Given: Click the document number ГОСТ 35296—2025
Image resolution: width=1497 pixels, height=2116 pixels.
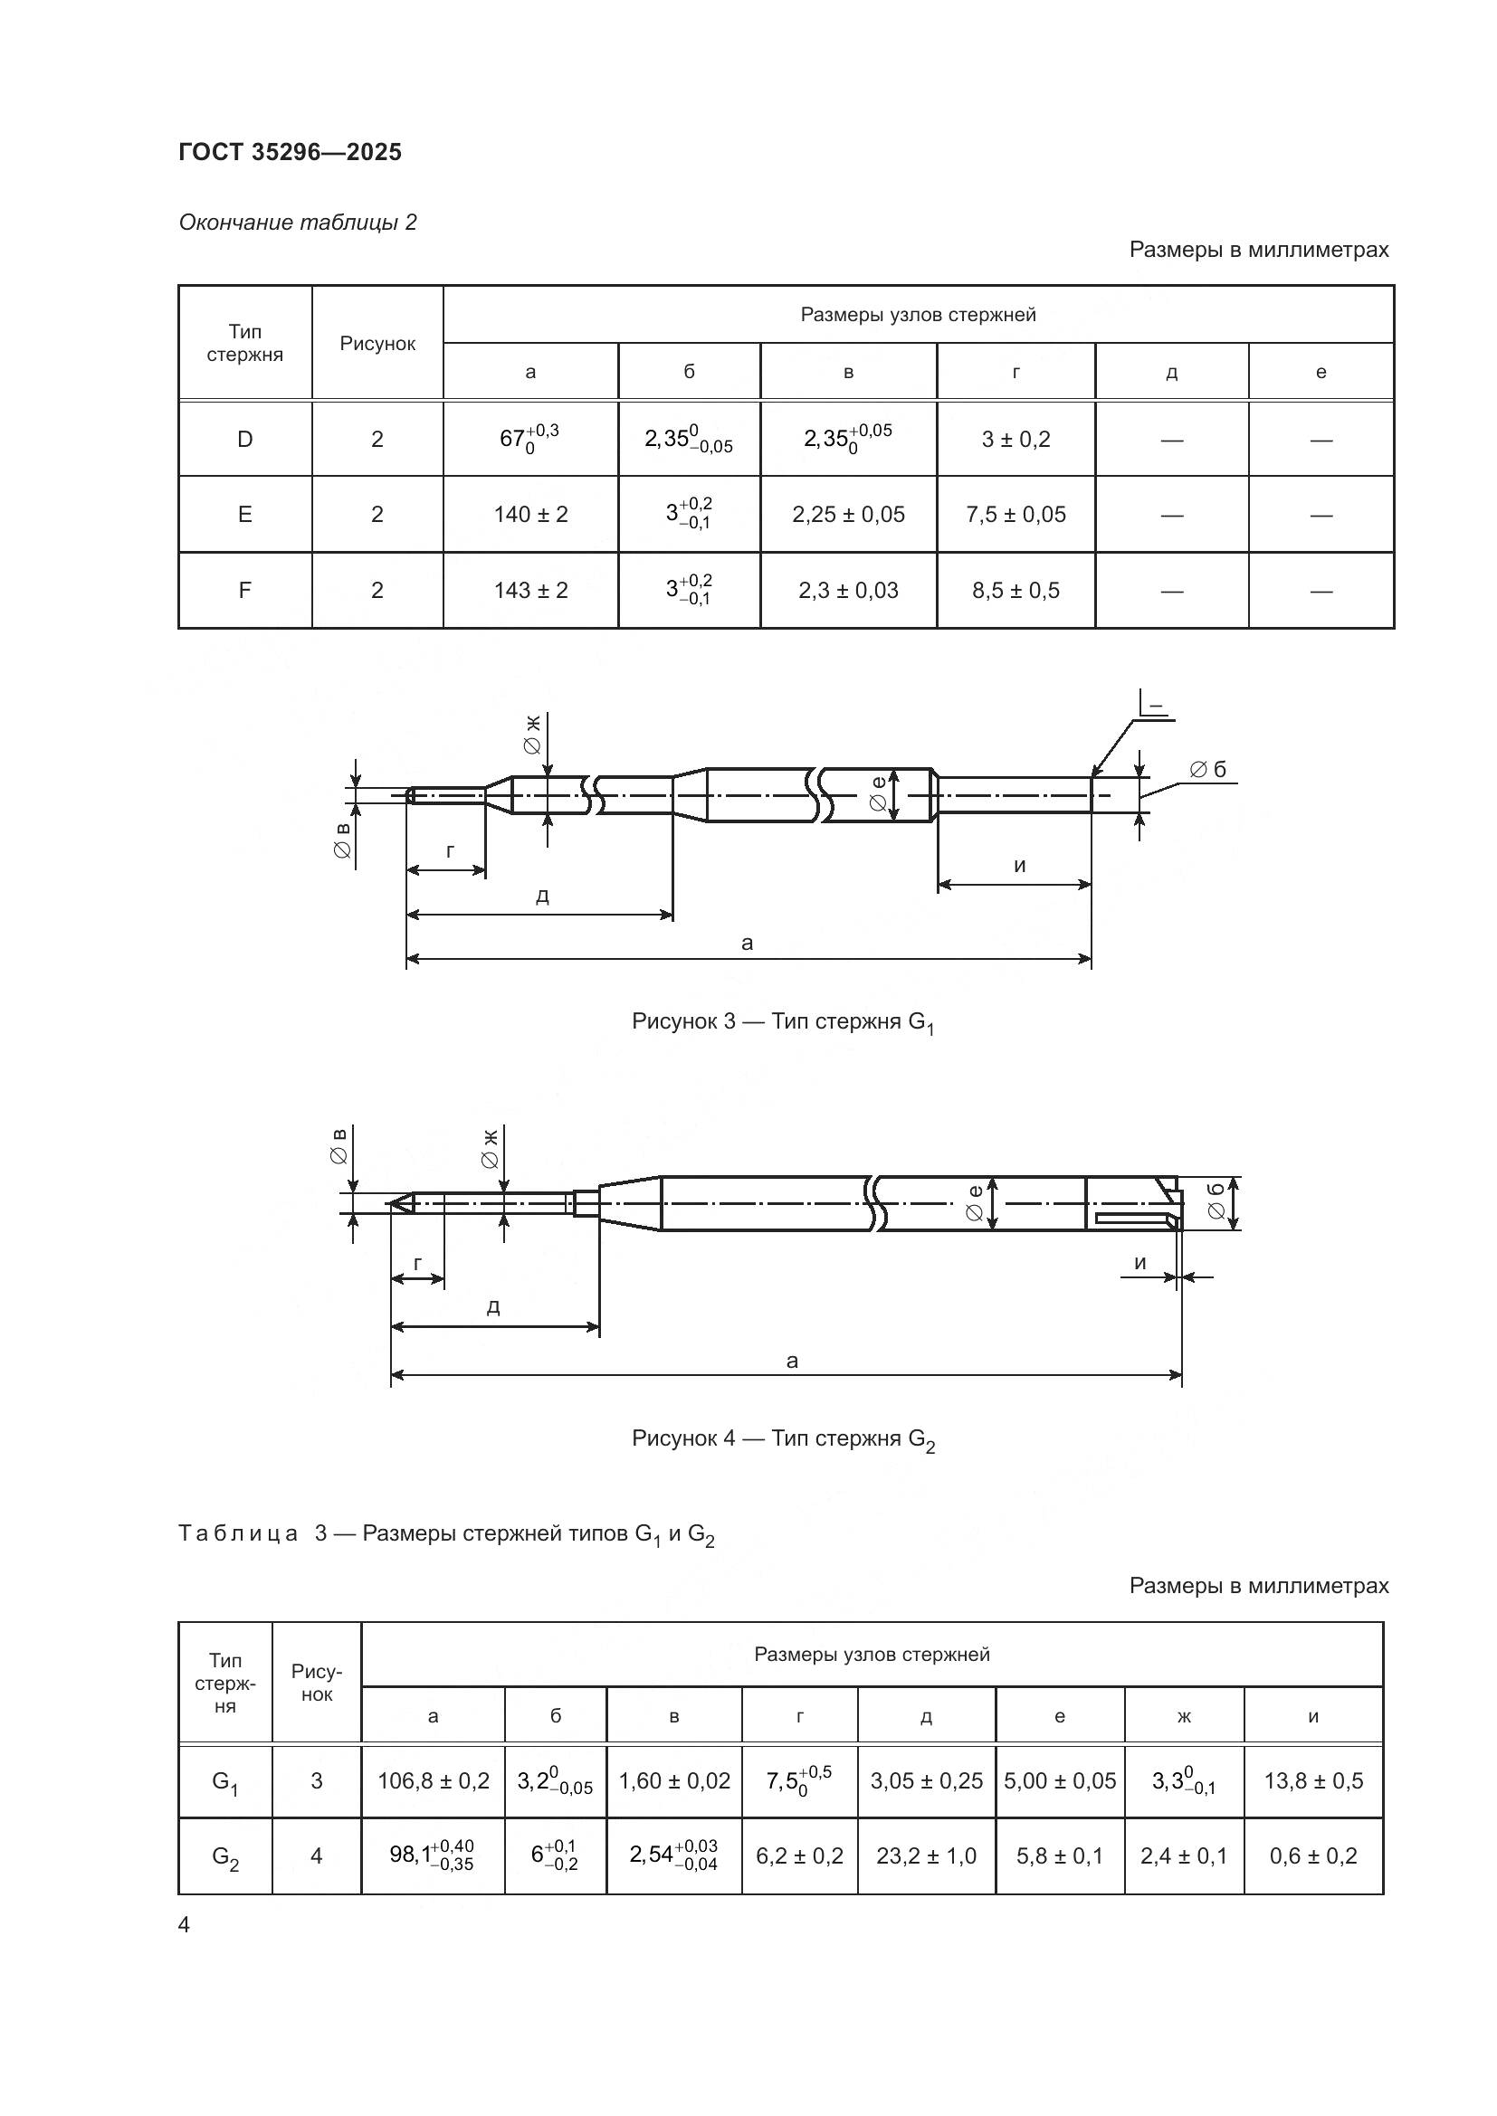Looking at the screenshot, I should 291,152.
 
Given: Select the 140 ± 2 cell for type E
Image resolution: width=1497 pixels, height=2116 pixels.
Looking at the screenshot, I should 530,514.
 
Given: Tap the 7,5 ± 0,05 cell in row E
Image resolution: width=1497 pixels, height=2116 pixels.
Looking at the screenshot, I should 1015,514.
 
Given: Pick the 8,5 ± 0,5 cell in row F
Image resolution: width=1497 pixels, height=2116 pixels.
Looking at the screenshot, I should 1015,590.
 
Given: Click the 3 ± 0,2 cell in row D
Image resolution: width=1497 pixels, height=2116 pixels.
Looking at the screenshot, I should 1015,440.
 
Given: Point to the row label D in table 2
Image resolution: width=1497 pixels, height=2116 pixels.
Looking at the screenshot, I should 244,440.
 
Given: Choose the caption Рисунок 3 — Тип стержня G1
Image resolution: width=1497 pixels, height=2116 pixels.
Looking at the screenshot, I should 783,1022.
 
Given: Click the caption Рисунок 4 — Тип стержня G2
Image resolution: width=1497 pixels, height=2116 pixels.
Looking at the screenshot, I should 783,1439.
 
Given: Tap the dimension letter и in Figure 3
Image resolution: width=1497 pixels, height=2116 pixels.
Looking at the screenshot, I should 1019,865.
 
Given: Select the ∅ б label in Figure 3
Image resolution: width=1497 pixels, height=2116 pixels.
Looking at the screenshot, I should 1207,770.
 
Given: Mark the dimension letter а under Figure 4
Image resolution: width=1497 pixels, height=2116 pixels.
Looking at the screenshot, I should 792,1361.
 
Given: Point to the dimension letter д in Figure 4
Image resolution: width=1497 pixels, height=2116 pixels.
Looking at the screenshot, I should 493,1307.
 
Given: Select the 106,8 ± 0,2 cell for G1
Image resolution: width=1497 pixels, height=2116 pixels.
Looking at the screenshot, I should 434,1780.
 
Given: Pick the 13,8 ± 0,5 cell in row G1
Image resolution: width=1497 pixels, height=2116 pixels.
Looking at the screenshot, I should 1312,1780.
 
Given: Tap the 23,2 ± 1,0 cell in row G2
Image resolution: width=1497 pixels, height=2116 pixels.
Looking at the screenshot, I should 927,1856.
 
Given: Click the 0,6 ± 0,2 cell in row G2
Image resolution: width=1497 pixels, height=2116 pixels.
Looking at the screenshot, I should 1312,1856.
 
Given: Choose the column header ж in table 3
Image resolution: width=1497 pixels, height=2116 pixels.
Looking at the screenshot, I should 1184,1716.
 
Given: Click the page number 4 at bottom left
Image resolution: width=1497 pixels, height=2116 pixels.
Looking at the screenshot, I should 185,1925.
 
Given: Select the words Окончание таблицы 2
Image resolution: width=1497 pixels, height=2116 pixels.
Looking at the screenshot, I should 298,223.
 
